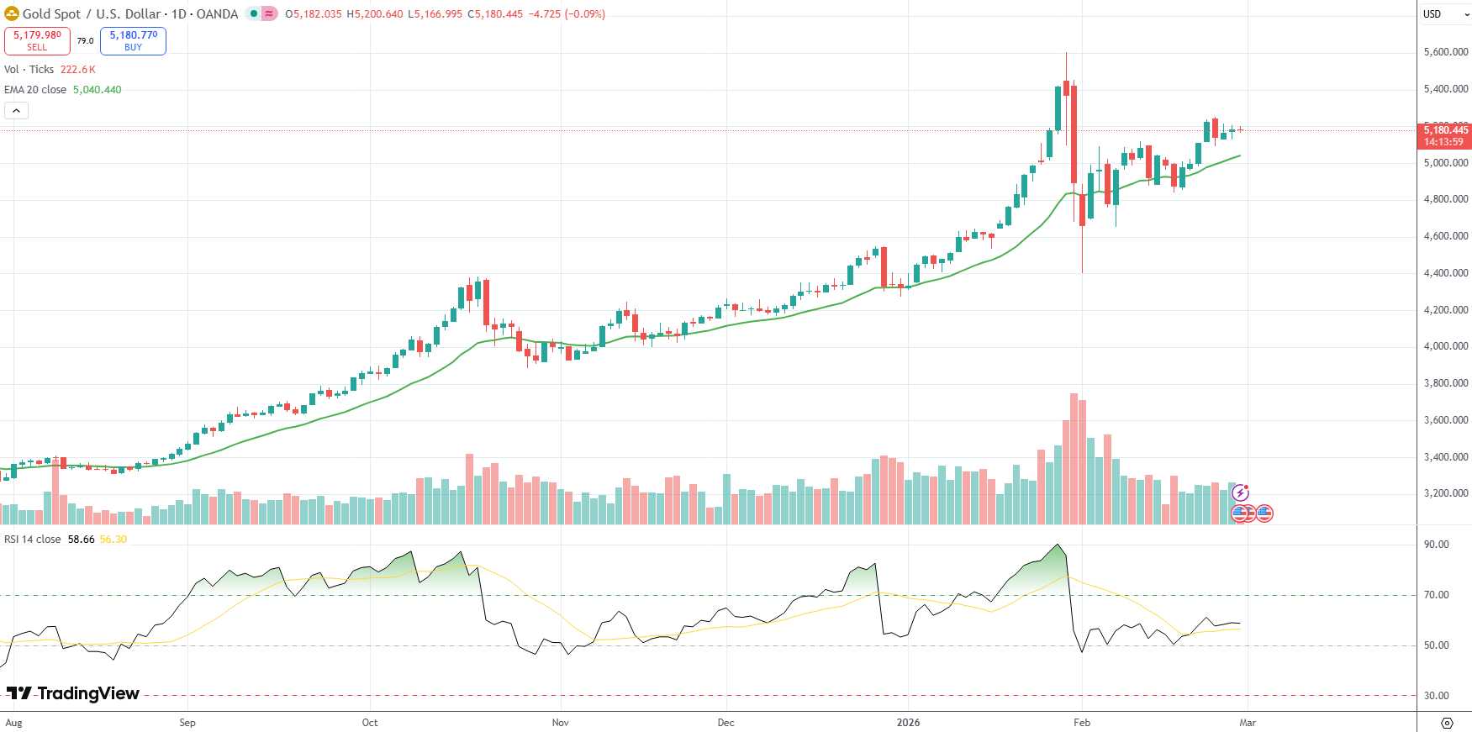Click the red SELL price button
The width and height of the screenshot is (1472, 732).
[37, 40]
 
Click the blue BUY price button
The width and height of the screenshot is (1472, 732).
[133, 40]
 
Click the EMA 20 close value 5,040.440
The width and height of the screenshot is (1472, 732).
[97, 90]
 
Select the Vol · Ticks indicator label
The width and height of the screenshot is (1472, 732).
[29, 70]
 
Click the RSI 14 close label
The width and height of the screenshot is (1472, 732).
[33, 540]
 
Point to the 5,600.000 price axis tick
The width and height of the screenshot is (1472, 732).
[1446, 52]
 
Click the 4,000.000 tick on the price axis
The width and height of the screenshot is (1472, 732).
[1446, 346]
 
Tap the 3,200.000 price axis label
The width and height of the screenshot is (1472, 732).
[1446, 493]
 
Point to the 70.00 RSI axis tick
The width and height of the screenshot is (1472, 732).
[1437, 595]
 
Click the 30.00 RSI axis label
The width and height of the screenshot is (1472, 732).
[1437, 696]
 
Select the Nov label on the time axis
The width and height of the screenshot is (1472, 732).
[560, 723]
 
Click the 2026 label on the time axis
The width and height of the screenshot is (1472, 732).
[908, 723]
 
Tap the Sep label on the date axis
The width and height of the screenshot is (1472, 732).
[187, 723]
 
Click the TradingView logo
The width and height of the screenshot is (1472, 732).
[73, 693]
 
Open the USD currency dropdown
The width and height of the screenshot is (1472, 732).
[1445, 14]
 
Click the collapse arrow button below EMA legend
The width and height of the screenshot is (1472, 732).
[16, 110]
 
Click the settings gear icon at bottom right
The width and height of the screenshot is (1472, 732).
[1447, 723]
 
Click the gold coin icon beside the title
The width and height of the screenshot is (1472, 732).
[12, 13]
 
